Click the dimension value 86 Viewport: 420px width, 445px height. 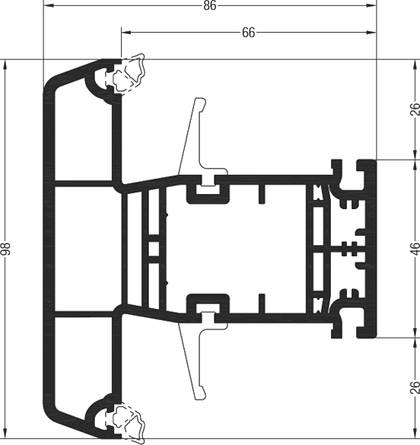pos(210,5)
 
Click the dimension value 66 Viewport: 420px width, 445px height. pos(249,33)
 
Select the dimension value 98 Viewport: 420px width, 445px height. pos(5,249)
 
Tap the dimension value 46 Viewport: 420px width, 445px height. pos(415,249)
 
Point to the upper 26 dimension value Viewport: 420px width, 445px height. pos(415,109)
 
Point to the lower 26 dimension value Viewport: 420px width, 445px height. pos(415,388)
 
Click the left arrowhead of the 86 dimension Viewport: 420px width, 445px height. pos(48,6)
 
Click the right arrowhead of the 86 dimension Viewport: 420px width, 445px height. pos(371,6)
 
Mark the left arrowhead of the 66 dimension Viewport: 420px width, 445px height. pos(127,33)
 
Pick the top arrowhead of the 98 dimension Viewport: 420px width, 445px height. pos(6,65)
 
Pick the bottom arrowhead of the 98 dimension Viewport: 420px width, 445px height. pos(6,433)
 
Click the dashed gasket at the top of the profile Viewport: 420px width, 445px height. pos(129,73)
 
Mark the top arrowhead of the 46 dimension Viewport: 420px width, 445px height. pos(415,154)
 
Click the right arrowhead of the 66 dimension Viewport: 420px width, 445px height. pos(371,33)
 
